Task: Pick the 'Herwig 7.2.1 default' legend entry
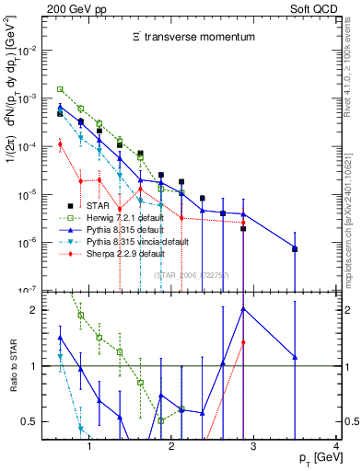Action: click(x=128, y=217)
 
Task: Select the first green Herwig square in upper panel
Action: click(x=60, y=89)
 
